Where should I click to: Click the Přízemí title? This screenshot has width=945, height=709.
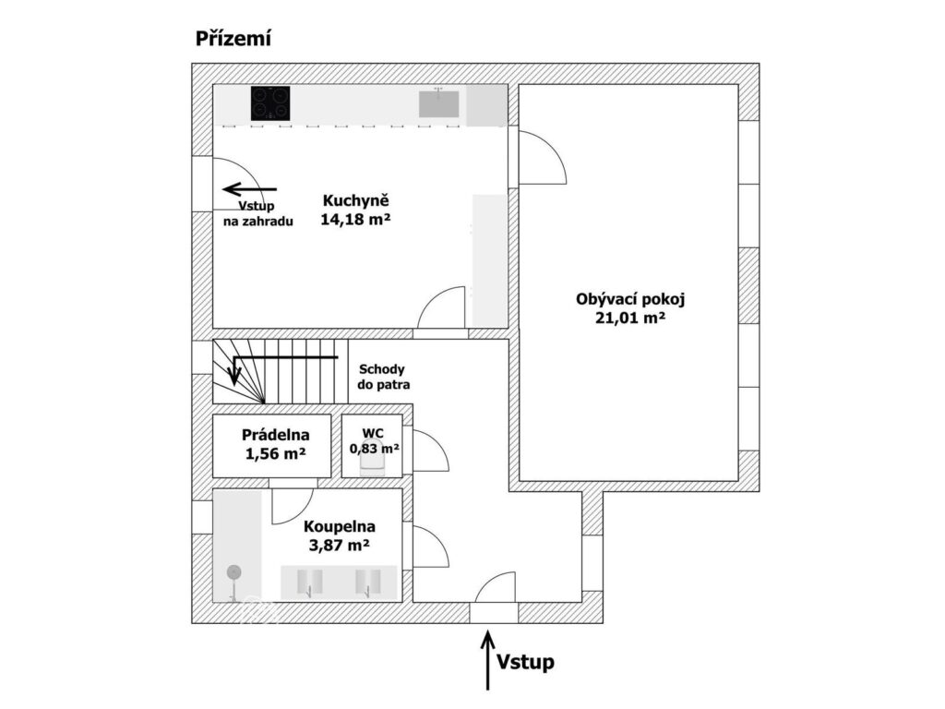pyautogui.click(x=233, y=39)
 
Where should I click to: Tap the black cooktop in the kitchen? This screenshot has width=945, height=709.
pyautogui.click(x=270, y=103)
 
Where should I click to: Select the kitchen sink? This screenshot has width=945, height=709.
pyautogui.click(x=439, y=102)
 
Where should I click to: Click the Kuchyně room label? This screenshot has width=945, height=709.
pyautogui.click(x=355, y=200)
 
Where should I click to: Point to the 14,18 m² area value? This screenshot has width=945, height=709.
pyautogui.click(x=355, y=219)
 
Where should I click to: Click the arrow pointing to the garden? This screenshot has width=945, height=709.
pyautogui.click(x=249, y=189)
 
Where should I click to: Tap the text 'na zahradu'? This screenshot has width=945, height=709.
pyautogui.click(x=258, y=222)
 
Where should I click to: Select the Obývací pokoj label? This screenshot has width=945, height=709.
pyautogui.click(x=630, y=300)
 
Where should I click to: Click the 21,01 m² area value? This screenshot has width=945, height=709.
pyautogui.click(x=630, y=318)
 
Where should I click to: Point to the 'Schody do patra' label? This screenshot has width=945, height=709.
pyautogui.click(x=382, y=377)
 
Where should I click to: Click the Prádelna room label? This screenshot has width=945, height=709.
pyautogui.click(x=275, y=435)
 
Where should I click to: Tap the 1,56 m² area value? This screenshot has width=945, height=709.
pyautogui.click(x=275, y=453)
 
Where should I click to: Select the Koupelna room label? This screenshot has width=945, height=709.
pyautogui.click(x=340, y=527)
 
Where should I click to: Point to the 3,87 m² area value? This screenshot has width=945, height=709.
pyautogui.click(x=340, y=546)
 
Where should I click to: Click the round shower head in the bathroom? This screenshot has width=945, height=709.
pyautogui.click(x=233, y=572)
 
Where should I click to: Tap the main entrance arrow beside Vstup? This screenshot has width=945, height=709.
pyautogui.click(x=487, y=659)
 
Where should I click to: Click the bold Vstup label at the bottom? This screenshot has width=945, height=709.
pyautogui.click(x=525, y=662)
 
